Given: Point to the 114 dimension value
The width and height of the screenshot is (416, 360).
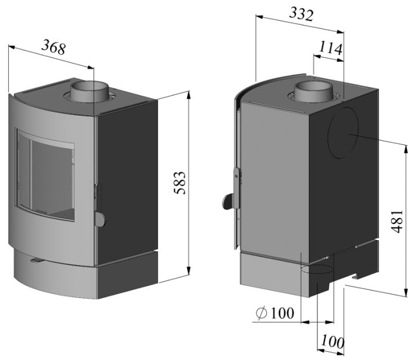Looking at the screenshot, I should point(330,48).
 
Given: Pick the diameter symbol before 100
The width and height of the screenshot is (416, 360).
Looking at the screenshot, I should point(260,313).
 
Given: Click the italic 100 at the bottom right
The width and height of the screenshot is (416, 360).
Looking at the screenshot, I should point(333,342).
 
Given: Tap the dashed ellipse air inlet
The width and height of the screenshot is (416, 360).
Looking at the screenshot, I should point(315,271).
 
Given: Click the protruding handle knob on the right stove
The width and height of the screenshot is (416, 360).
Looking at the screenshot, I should point(227,202).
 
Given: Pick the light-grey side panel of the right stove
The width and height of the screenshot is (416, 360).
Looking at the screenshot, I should point(273,178).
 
